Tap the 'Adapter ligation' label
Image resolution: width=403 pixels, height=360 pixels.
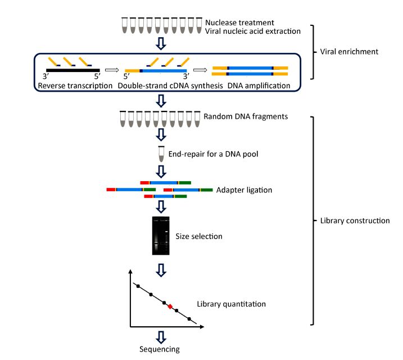(x=244, y=190)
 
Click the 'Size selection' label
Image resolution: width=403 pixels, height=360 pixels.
(x=199, y=236)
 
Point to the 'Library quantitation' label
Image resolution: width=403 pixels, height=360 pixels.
(x=231, y=304)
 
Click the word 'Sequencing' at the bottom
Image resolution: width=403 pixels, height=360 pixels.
(x=160, y=349)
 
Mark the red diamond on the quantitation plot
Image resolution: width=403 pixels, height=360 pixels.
(x=170, y=307)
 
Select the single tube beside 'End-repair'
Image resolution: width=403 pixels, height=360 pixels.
(x=162, y=154)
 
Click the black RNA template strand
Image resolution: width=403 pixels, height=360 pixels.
(x=73, y=70)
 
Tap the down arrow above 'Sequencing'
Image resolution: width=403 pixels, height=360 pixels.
(x=161, y=336)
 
